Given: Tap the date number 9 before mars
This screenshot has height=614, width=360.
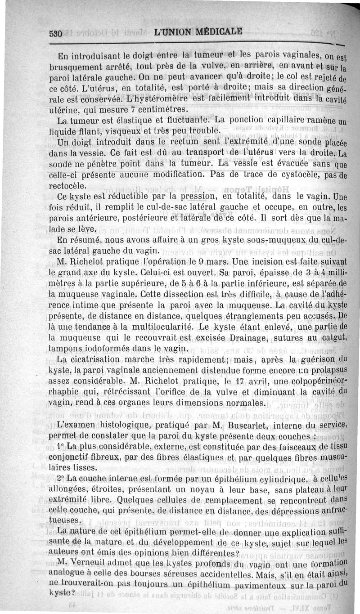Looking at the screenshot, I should point(197,261).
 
